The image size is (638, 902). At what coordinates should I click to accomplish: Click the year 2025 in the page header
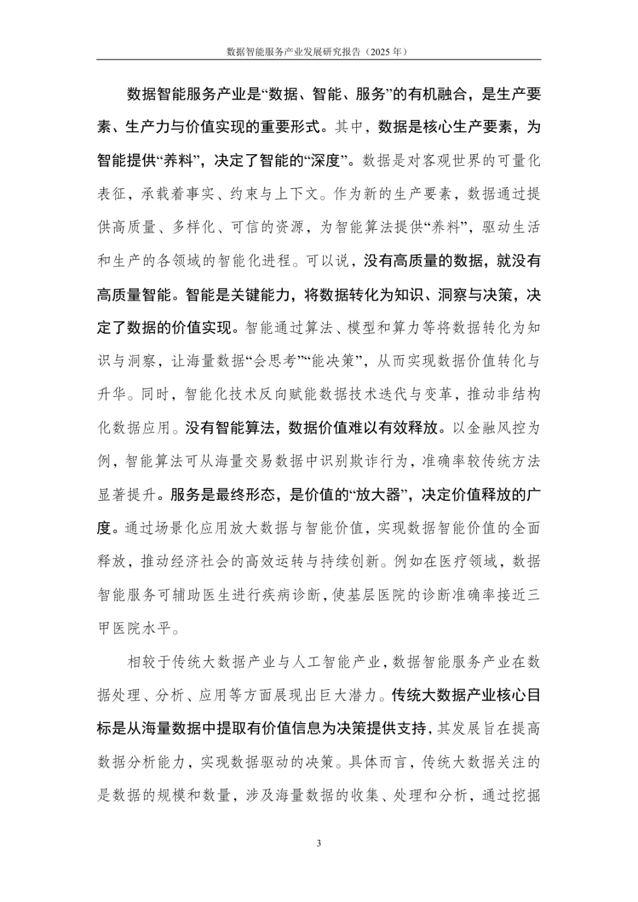coord(384,52)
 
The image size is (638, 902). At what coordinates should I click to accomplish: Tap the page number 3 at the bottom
coord(319,843)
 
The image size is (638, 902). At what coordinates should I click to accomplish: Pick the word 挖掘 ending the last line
coord(526,796)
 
